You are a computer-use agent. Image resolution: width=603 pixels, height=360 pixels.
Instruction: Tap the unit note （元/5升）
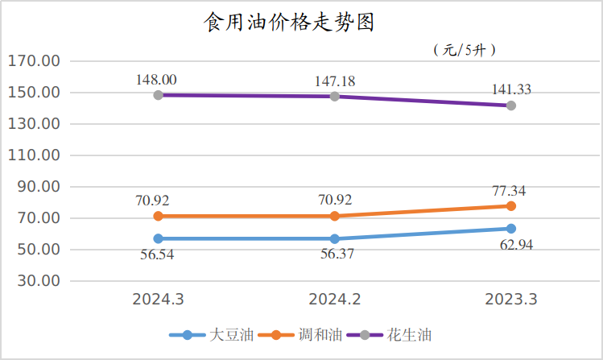(x=465, y=50)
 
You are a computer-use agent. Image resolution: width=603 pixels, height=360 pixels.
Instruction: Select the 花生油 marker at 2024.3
(x=159, y=95)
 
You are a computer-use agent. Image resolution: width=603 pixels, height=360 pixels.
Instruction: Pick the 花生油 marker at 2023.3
(x=511, y=106)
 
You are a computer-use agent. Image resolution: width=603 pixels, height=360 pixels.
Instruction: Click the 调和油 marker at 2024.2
(x=335, y=216)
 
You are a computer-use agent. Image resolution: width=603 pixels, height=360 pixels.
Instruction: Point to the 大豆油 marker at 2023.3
(x=511, y=229)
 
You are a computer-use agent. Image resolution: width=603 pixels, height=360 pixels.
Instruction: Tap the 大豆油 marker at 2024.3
(x=159, y=238)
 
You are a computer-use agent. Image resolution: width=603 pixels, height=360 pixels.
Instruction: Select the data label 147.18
(x=335, y=81)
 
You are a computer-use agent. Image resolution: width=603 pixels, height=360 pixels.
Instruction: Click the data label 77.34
(x=511, y=191)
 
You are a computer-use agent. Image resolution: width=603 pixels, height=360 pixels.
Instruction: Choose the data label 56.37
(x=335, y=254)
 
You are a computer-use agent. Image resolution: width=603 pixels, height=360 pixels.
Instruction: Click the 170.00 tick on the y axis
(x=34, y=61)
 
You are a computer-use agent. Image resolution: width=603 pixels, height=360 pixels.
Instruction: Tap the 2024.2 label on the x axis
(x=335, y=300)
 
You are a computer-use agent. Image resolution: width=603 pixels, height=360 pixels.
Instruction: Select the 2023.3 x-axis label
(x=511, y=300)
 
